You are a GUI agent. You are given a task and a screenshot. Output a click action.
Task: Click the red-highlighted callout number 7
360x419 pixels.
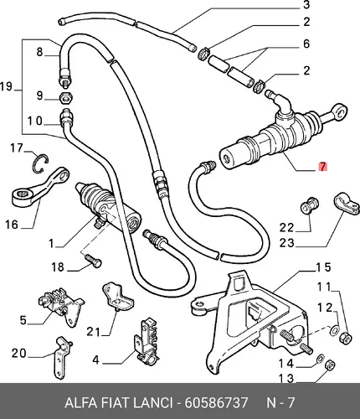(x=322, y=167)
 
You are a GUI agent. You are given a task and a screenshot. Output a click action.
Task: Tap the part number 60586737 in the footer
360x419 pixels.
(x=216, y=403)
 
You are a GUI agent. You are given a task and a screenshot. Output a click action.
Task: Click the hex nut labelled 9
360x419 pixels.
(x=66, y=98)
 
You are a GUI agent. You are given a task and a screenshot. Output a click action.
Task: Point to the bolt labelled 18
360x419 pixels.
(x=92, y=260)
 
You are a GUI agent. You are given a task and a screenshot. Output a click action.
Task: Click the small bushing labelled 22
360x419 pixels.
(x=310, y=205)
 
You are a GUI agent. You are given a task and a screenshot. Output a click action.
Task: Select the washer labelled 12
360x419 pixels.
(x=334, y=330)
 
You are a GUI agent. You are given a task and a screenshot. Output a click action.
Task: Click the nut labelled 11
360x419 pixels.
(x=345, y=338)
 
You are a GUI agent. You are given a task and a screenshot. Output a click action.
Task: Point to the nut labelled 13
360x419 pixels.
(x=330, y=365)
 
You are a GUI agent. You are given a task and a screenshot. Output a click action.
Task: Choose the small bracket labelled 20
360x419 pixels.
(x=61, y=358)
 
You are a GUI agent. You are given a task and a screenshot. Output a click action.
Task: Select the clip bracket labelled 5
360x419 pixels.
(x=60, y=307)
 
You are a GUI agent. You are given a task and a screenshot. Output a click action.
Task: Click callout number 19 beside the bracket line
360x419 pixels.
(x=7, y=86)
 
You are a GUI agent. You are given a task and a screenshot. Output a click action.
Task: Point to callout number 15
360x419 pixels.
(x=323, y=267)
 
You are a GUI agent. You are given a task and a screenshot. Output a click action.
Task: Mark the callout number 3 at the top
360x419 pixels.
(x=306, y=5)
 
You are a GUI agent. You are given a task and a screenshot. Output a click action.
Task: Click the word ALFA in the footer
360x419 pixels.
(x=81, y=403)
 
